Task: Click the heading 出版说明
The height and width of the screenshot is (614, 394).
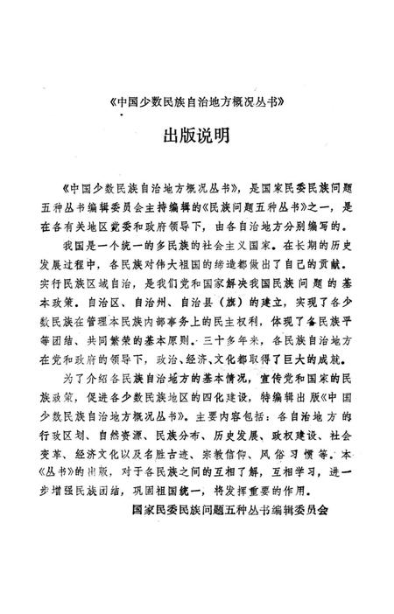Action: tap(197, 137)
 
